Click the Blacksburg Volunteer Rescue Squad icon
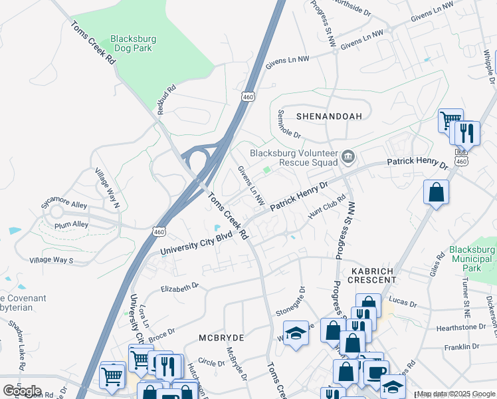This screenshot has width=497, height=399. [348, 158]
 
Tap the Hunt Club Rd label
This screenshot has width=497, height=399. [327, 206]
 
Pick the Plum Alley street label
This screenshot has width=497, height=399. [71, 225]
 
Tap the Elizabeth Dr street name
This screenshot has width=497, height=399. [180, 287]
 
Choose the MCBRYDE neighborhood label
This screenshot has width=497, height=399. [221, 338]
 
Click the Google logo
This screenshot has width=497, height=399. [22, 391]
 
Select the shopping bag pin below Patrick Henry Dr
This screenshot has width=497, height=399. [436, 193]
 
